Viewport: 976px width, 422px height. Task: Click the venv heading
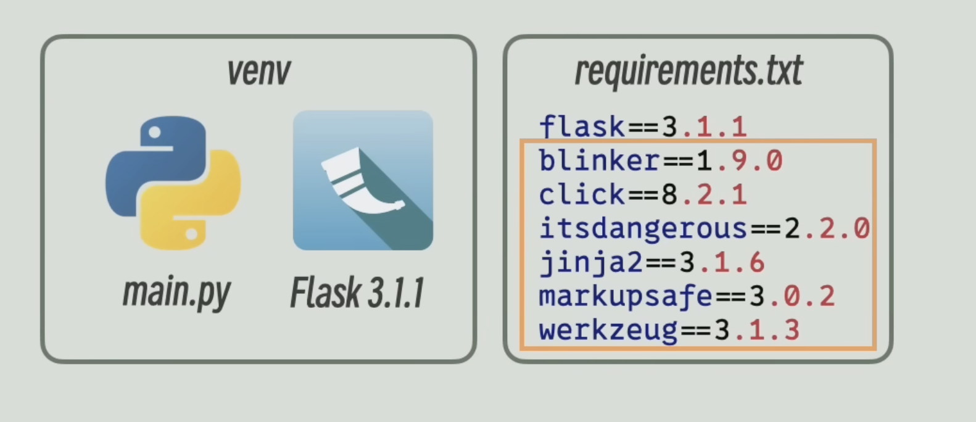tap(258, 72)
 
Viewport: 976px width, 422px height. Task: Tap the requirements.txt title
tap(688, 70)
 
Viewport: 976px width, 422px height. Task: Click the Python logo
tap(173, 183)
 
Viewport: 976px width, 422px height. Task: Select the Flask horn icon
tap(363, 180)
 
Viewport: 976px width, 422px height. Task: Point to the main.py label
tap(176, 292)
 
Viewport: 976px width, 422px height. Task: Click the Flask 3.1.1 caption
tap(357, 292)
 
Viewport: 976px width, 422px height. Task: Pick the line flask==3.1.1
tap(642, 127)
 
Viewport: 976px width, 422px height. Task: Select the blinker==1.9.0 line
tap(660, 161)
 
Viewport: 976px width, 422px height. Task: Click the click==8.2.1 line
tap(642, 195)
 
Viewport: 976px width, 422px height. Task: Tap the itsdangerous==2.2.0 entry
tap(704, 229)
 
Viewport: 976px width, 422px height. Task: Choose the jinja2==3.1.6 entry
tap(651, 263)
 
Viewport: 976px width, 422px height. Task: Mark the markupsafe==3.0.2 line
tap(687, 297)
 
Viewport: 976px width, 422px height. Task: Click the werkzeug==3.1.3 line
tap(669, 331)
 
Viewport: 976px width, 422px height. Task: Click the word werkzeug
tap(608, 331)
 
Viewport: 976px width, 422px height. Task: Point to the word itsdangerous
tap(643, 229)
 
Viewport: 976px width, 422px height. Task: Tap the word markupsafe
tap(626, 297)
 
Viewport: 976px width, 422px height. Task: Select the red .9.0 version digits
tap(748, 161)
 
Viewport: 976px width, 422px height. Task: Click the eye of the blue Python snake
tap(154, 132)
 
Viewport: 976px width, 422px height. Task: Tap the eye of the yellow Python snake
tap(191, 234)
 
